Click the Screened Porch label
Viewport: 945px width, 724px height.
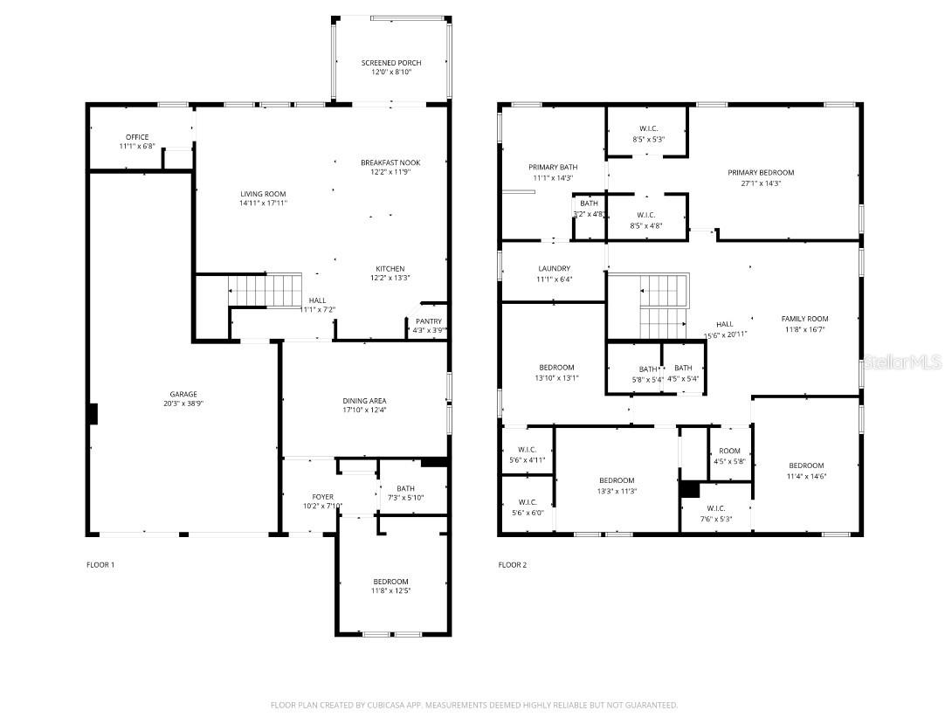point(391,63)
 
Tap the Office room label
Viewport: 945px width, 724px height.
point(137,137)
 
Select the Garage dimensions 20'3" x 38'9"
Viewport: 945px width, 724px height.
point(183,403)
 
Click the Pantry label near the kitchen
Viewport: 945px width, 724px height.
point(429,321)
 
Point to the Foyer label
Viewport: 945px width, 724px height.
point(322,497)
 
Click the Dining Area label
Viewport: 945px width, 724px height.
point(364,400)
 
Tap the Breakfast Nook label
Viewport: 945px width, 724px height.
point(390,162)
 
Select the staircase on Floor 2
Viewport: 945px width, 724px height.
point(664,306)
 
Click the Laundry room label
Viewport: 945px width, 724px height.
point(555,269)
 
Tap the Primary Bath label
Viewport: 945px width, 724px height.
point(553,167)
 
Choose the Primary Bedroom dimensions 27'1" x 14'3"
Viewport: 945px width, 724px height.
point(761,183)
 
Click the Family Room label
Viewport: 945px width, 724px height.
point(804,319)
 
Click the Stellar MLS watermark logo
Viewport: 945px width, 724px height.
point(902,361)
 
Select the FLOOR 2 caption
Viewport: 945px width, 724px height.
point(513,565)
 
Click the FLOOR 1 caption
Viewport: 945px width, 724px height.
point(100,565)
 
